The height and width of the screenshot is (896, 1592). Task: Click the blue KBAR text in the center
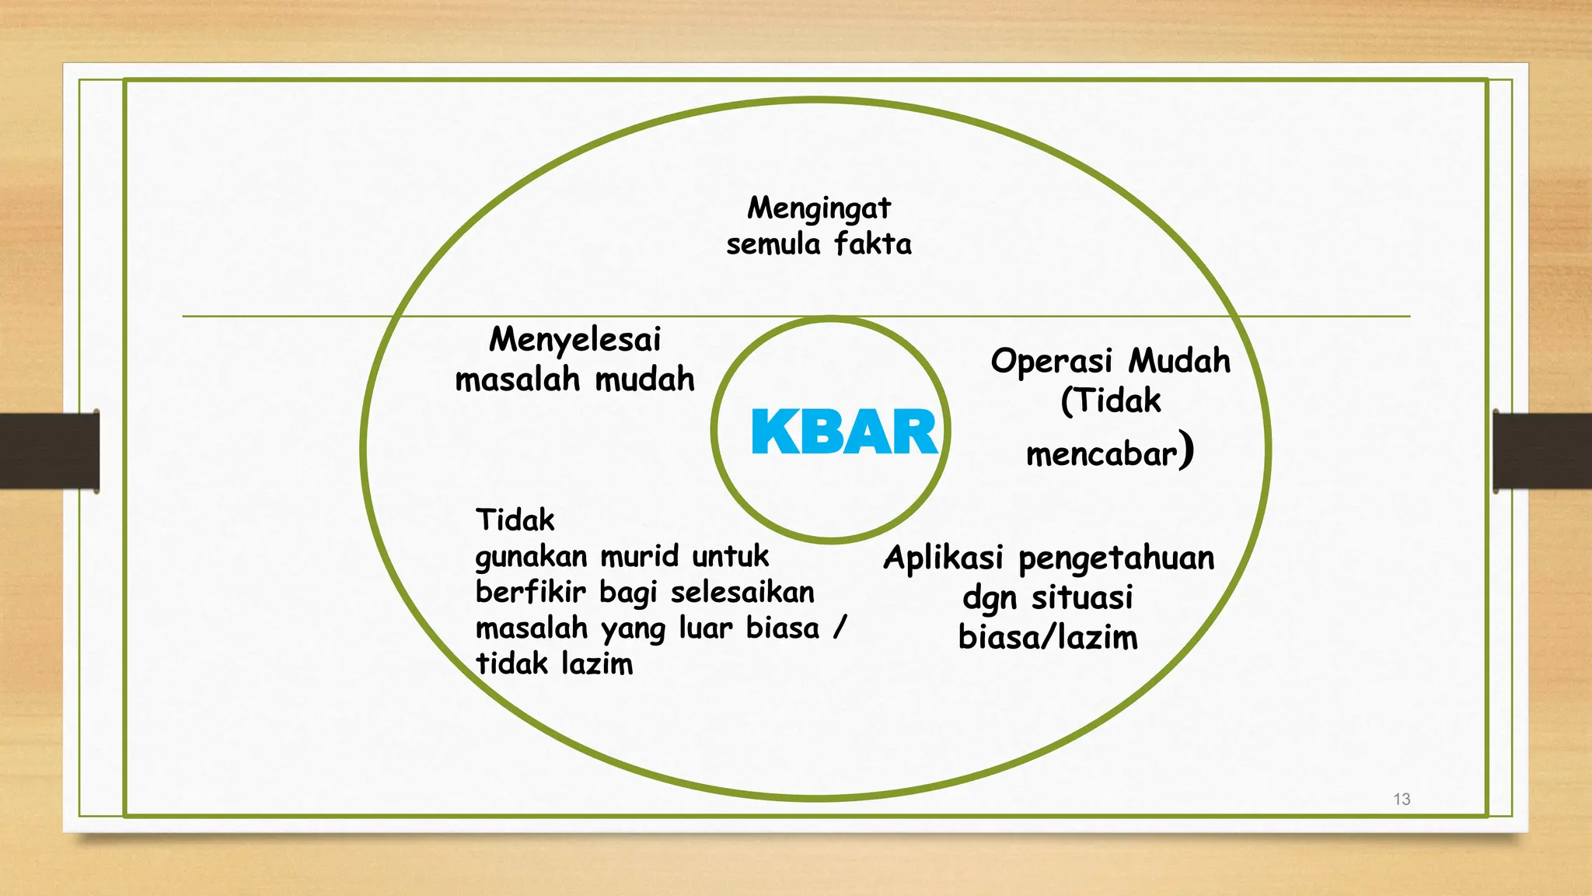tap(844, 432)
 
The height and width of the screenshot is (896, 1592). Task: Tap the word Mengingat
tap(819, 208)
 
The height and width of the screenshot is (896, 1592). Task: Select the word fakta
tap(872, 244)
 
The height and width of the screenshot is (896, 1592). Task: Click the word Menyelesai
tap(574, 340)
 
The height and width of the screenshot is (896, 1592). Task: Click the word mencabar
tap(1101, 454)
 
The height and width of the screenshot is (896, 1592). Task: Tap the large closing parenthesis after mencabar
tap(1185, 450)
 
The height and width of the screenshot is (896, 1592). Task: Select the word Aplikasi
tap(943, 558)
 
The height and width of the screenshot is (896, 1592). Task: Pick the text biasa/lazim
tap(1047, 638)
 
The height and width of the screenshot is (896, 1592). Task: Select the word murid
tap(639, 556)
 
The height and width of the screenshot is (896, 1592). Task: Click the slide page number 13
tap(1401, 799)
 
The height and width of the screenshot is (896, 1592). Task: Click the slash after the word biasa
tap(839, 628)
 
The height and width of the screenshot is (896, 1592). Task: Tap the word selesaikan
tap(742, 593)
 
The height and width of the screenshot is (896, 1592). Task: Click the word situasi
tap(1081, 598)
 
